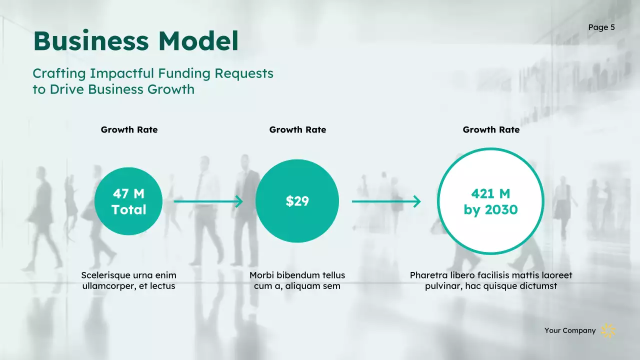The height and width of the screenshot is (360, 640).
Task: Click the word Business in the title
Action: tap(91, 41)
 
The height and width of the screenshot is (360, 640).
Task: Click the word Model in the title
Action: tap(198, 41)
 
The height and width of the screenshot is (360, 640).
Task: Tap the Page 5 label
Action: tap(601, 27)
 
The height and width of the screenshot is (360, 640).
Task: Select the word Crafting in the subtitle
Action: tap(59, 73)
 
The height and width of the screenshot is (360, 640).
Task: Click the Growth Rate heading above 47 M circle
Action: tap(129, 129)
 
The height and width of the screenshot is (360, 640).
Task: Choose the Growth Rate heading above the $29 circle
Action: tap(297, 129)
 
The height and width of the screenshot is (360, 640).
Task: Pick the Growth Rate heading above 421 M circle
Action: tap(491, 129)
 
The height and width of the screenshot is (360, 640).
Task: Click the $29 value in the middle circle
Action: tap(297, 201)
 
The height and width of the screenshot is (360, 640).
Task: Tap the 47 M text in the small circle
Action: tap(128, 193)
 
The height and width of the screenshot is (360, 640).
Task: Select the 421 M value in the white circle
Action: tap(490, 193)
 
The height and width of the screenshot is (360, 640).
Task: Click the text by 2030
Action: tap(490, 210)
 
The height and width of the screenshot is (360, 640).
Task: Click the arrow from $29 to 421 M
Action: tap(386, 201)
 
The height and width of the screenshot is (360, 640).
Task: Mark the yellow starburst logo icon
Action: tap(608, 330)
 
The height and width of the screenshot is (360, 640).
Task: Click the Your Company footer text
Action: tap(570, 330)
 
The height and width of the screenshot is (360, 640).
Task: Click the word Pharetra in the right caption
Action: tap(428, 275)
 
